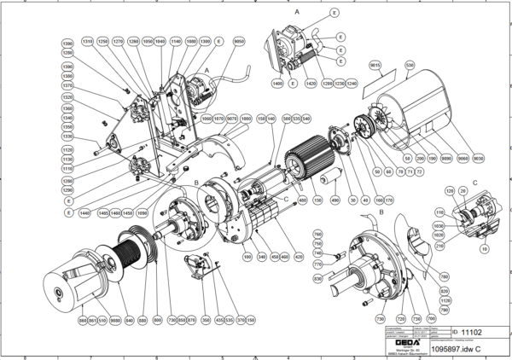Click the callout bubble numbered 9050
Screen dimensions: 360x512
tap(240, 41)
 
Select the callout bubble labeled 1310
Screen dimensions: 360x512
tap(86, 40)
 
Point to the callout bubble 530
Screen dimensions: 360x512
tap(410, 65)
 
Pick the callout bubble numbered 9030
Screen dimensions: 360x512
tap(477, 159)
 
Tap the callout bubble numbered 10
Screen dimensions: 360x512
tap(484, 251)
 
